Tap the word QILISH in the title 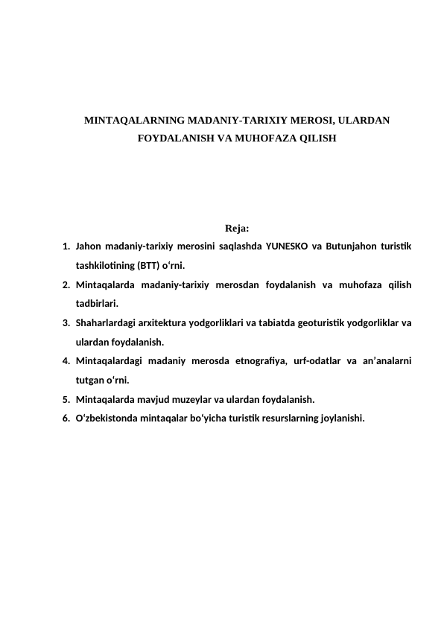[x=317, y=138]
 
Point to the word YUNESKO [x=289, y=246]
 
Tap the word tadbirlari [x=96, y=304]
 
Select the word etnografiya [x=270, y=361]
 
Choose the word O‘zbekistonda [x=108, y=418]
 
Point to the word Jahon [x=89, y=246]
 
